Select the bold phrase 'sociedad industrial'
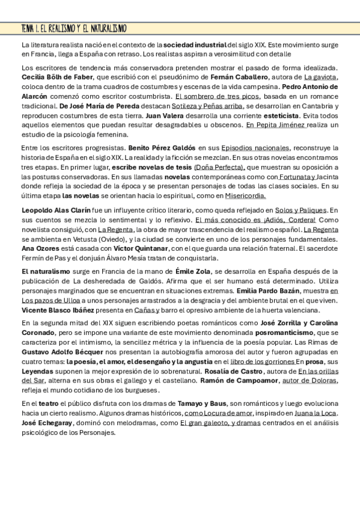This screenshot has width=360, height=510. (195, 45)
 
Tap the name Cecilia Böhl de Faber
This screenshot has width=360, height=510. (58, 77)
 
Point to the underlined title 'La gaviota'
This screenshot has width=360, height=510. (321, 77)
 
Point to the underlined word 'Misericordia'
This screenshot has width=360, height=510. (245, 195)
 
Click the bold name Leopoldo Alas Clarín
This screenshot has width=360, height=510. (56, 210)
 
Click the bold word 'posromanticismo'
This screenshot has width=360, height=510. (284, 333)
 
